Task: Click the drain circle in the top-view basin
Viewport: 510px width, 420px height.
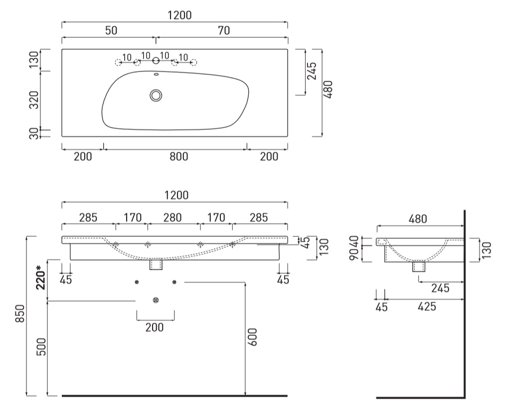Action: pyautogui.click(x=156, y=96)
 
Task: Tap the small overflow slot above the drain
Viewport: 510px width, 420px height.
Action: pyautogui.click(x=156, y=74)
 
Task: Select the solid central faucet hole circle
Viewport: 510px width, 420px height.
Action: pyautogui.click(x=156, y=61)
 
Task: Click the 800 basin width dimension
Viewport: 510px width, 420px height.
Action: pyautogui.click(x=179, y=157)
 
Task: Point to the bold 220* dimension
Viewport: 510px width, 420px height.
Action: pyautogui.click(x=40, y=278)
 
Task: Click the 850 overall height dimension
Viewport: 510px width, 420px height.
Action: pyautogui.click(x=20, y=314)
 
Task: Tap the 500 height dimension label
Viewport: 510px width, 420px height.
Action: pyautogui.click(x=41, y=347)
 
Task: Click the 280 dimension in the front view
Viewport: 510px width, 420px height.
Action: pyautogui.click(x=172, y=217)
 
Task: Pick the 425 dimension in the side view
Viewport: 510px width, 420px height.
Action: pyautogui.click(x=427, y=307)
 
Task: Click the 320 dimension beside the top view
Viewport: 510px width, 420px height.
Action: pyautogui.click(x=34, y=100)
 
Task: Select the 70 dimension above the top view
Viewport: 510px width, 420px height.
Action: pyautogui.click(x=224, y=30)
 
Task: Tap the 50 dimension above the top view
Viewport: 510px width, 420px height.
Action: pyautogui.click(x=111, y=30)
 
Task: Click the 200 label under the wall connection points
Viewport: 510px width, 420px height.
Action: pyautogui.click(x=155, y=327)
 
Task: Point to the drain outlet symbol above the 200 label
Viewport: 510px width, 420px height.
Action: pyautogui.click(x=156, y=300)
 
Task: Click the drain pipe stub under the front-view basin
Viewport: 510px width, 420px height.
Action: pyautogui.click(x=156, y=264)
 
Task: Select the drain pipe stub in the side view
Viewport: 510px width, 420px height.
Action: pyautogui.click(x=419, y=266)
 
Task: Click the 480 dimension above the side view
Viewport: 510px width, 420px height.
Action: pyautogui.click(x=418, y=219)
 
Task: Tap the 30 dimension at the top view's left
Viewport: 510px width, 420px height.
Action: pyautogui.click(x=34, y=133)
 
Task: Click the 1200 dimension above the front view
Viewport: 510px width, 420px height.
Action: pyautogui.click(x=176, y=196)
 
